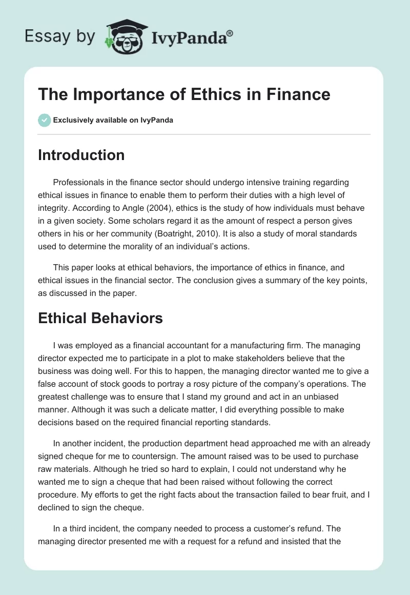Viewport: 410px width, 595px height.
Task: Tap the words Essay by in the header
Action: click(x=59, y=36)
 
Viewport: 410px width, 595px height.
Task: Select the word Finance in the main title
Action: click(x=299, y=94)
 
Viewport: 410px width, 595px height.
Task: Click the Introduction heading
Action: click(x=81, y=155)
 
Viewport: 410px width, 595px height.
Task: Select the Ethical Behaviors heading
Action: click(x=100, y=318)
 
